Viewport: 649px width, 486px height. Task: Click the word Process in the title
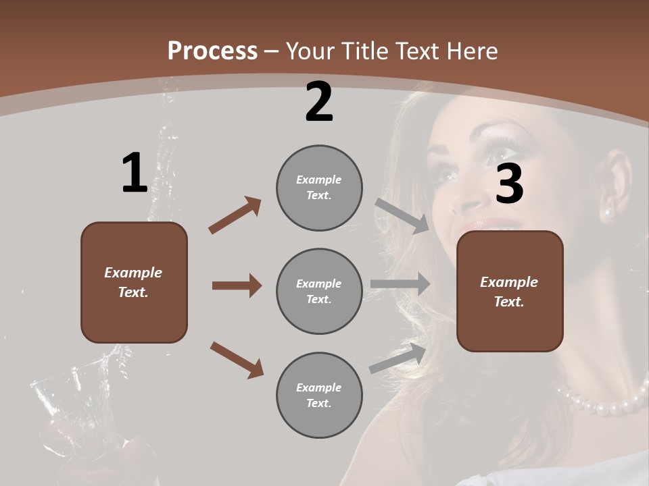(x=212, y=51)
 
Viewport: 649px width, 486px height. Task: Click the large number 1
(x=134, y=173)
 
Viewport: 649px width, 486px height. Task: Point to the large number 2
(x=319, y=102)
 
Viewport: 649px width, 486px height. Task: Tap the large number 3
(x=509, y=184)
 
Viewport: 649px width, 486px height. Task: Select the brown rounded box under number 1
(x=134, y=282)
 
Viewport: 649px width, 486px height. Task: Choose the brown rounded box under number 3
(x=510, y=292)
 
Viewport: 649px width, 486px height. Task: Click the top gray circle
(x=319, y=188)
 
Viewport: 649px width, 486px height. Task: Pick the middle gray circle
(x=319, y=292)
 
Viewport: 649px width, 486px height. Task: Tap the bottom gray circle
(x=319, y=396)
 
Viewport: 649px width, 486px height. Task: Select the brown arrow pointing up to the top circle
(x=235, y=215)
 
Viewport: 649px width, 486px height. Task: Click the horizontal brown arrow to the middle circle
(x=237, y=286)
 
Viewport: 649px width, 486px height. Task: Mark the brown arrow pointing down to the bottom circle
(x=237, y=360)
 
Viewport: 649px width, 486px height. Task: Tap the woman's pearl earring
(x=609, y=213)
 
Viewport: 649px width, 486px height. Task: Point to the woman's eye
(x=446, y=174)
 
